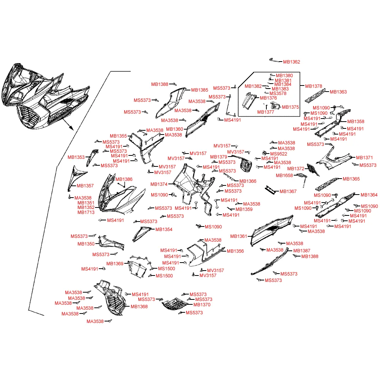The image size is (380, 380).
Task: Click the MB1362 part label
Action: click(x=291, y=62)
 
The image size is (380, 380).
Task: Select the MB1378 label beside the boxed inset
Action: click(x=313, y=86)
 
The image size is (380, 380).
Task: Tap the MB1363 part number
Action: click(x=338, y=92)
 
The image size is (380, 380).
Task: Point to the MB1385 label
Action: click(x=199, y=90)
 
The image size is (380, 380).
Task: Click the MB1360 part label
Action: click(x=174, y=129)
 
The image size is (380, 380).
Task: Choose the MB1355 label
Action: click(x=118, y=136)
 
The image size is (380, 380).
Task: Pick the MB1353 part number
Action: click(x=76, y=157)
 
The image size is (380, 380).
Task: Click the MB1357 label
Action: click(x=85, y=186)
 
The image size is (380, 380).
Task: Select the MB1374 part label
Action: click(x=159, y=184)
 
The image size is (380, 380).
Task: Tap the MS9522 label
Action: click(x=279, y=154)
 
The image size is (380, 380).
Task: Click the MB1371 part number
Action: click(x=364, y=158)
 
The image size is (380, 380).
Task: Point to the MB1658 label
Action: click(x=284, y=175)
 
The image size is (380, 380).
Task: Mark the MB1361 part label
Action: click(x=239, y=236)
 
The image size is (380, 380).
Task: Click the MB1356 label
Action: click(x=235, y=251)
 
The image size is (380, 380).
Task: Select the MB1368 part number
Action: click(x=139, y=307)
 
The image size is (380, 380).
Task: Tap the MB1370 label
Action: click(x=202, y=305)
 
